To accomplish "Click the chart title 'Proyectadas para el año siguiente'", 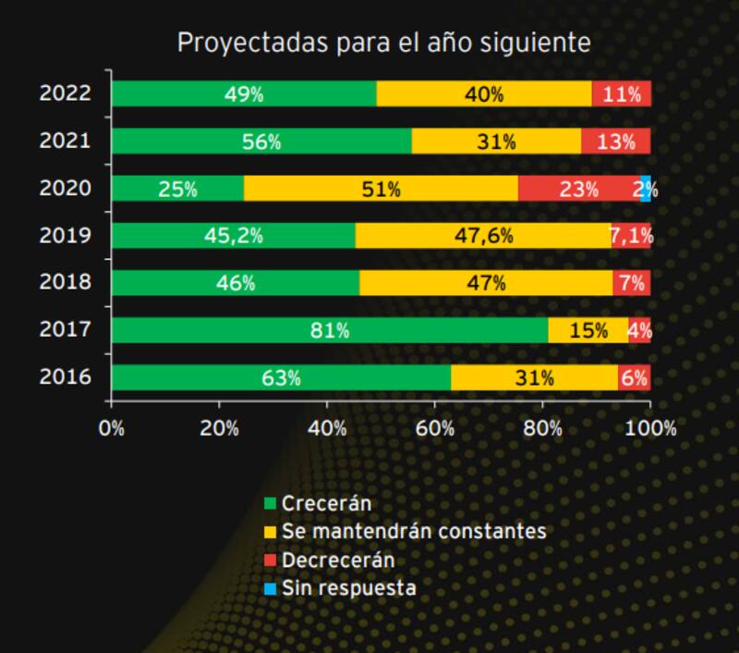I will tap(383, 43).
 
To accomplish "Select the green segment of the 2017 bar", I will tap(330, 330).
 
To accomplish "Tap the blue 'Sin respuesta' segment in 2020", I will tap(646, 189).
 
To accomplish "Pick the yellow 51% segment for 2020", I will tap(381, 189).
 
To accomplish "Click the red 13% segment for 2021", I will tap(616, 142).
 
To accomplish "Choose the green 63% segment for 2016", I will tap(281, 377).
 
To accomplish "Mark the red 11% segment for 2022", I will tap(622, 94).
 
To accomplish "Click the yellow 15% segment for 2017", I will tap(588, 330).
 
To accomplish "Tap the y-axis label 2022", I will tap(65, 93).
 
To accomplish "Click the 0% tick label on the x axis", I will tap(112, 428).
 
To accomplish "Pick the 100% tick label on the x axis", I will tap(651, 428).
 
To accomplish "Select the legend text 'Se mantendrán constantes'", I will tap(414, 532).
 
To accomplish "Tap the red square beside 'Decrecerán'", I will tap(271, 561).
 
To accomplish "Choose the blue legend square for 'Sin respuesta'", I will tap(271, 588).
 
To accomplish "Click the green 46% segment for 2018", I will tap(236, 283).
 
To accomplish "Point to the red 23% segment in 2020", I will tap(579, 189).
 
